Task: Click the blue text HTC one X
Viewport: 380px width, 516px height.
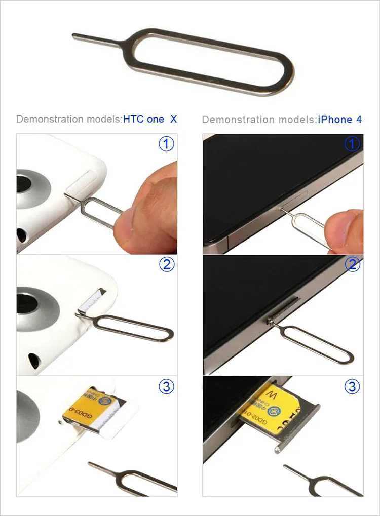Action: (150, 120)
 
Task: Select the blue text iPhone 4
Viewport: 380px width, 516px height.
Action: (339, 120)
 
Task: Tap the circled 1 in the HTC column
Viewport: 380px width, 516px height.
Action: (167, 144)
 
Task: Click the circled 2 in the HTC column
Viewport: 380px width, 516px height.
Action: (167, 264)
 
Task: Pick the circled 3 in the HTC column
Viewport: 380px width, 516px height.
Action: (167, 387)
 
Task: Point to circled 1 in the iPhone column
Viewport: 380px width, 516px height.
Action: (352, 144)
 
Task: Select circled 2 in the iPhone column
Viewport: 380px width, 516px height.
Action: (352, 264)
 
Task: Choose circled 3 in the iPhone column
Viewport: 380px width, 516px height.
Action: (352, 387)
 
